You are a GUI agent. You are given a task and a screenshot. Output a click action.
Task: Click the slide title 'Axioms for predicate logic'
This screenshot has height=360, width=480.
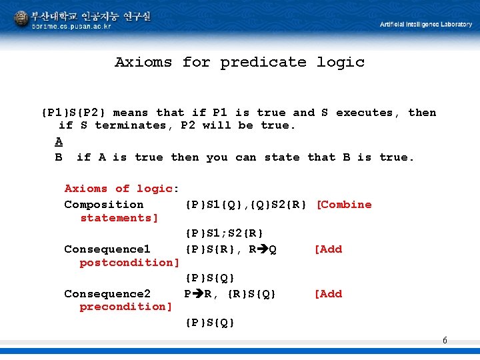(x=239, y=62)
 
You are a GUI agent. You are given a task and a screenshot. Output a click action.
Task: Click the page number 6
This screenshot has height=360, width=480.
(x=445, y=341)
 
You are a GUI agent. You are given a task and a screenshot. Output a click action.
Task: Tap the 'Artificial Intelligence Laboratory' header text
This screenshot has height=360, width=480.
(x=426, y=25)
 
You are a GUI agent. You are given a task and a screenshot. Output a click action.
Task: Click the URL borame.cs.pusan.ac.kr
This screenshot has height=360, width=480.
(x=71, y=26)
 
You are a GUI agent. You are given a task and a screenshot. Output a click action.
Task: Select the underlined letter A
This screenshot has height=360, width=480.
(x=59, y=141)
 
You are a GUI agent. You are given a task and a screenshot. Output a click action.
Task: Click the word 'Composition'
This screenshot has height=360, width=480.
(x=103, y=205)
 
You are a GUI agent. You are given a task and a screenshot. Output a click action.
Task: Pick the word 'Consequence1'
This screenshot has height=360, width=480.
(x=107, y=249)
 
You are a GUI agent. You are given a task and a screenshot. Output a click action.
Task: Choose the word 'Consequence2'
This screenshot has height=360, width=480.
(x=107, y=294)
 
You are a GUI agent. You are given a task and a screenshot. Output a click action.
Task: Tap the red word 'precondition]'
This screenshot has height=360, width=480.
(x=126, y=307)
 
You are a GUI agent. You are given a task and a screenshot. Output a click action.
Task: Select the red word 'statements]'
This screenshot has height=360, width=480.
(x=119, y=218)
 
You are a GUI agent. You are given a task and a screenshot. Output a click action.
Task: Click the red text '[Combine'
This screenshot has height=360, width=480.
(x=344, y=205)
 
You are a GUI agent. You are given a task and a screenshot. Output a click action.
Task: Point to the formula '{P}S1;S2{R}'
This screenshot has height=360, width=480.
(x=224, y=233)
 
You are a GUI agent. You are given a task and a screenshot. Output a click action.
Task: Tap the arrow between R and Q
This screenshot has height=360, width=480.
(x=262, y=249)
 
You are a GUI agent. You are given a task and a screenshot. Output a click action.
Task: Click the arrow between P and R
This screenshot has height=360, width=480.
(x=198, y=294)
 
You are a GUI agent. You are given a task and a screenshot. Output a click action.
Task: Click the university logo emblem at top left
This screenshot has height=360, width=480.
(x=21, y=18)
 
